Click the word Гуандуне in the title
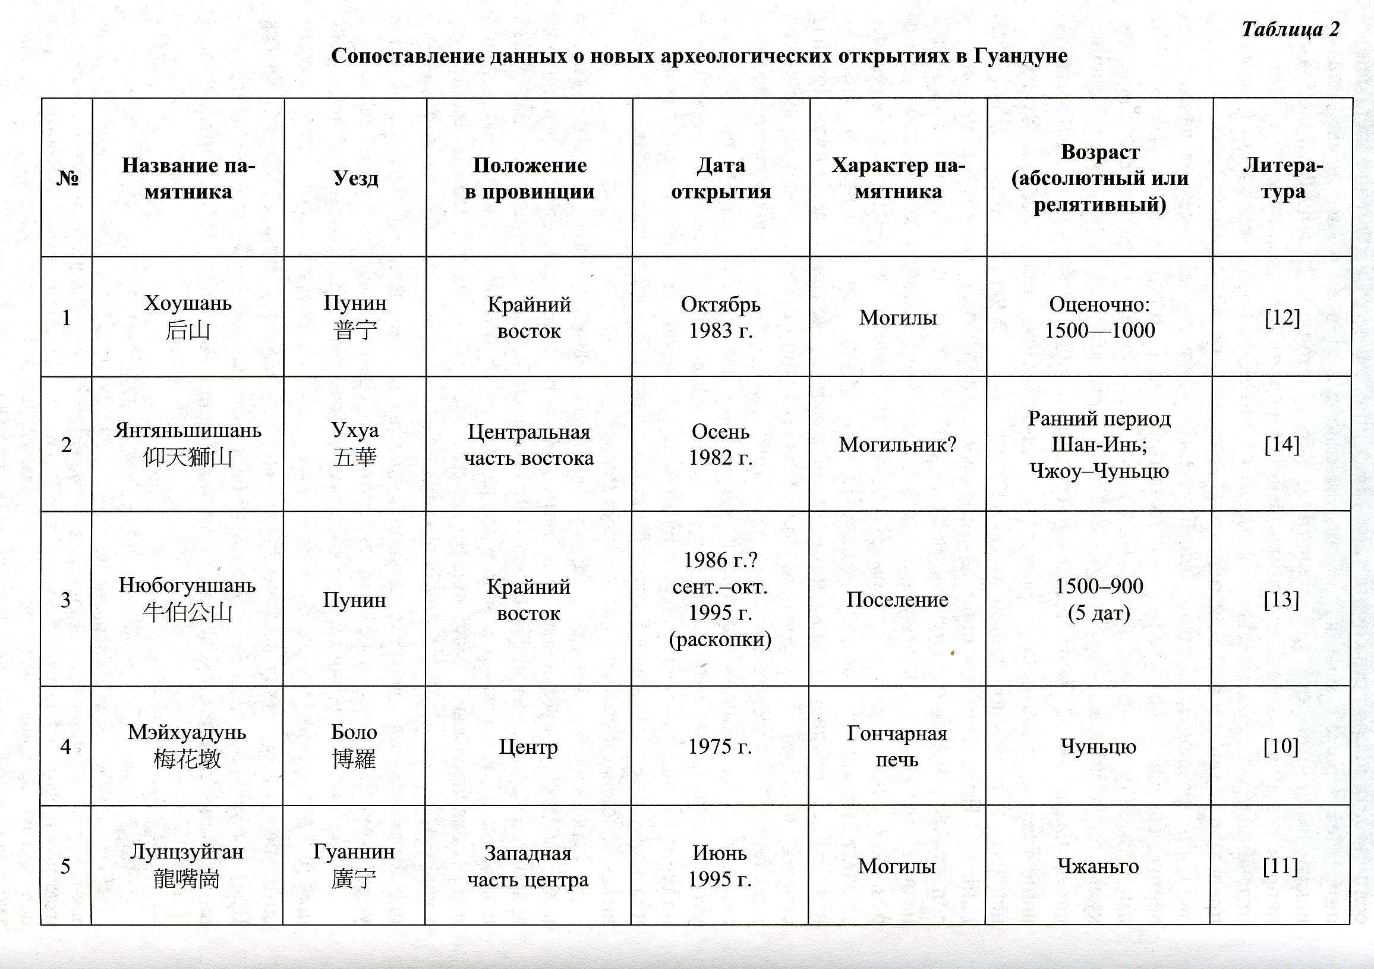point(1020,56)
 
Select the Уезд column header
point(355,178)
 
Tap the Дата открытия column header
point(720,178)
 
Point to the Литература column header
point(1282,178)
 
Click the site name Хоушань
point(187,303)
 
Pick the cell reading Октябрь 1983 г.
point(720,317)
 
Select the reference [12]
point(1282,317)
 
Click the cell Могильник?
point(897,445)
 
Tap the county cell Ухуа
point(355,431)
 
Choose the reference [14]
point(1281,445)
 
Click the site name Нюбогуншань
point(187,586)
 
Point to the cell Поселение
point(897,600)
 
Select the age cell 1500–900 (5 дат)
point(1099,599)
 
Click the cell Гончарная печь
point(896,746)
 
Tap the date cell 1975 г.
point(719,746)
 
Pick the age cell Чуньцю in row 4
point(1098,746)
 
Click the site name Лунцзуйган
point(186,852)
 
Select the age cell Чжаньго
point(1098,866)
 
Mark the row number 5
point(66,866)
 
